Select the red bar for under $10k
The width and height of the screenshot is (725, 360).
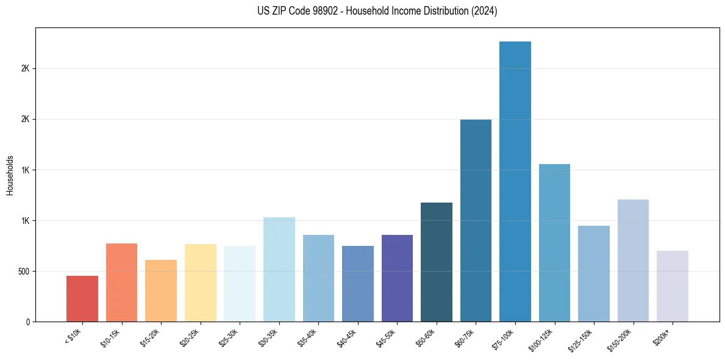click(x=82, y=298)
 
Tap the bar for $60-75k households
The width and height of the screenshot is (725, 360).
click(x=476, y=220)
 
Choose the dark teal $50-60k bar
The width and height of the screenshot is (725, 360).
click(x=437, y=262)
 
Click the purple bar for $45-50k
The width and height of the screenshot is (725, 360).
click(x=397, y=278)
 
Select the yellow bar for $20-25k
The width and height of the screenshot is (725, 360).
click(x=201, y=283)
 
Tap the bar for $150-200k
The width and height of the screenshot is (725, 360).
click(x=633, y=260)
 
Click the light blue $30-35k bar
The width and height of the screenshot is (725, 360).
click(x=279, y=269)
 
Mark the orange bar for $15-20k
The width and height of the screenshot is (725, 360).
click(x=161, y=290)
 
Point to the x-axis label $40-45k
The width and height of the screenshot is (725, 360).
click(x=347, y=337)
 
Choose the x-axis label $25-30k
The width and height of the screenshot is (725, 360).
click(x=229, y=337)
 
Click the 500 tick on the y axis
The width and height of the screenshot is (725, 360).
click(x=24, y=271)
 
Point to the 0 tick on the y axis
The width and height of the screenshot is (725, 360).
click(x=28, y=322)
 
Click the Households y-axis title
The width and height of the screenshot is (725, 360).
click(x=10, y=175)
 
